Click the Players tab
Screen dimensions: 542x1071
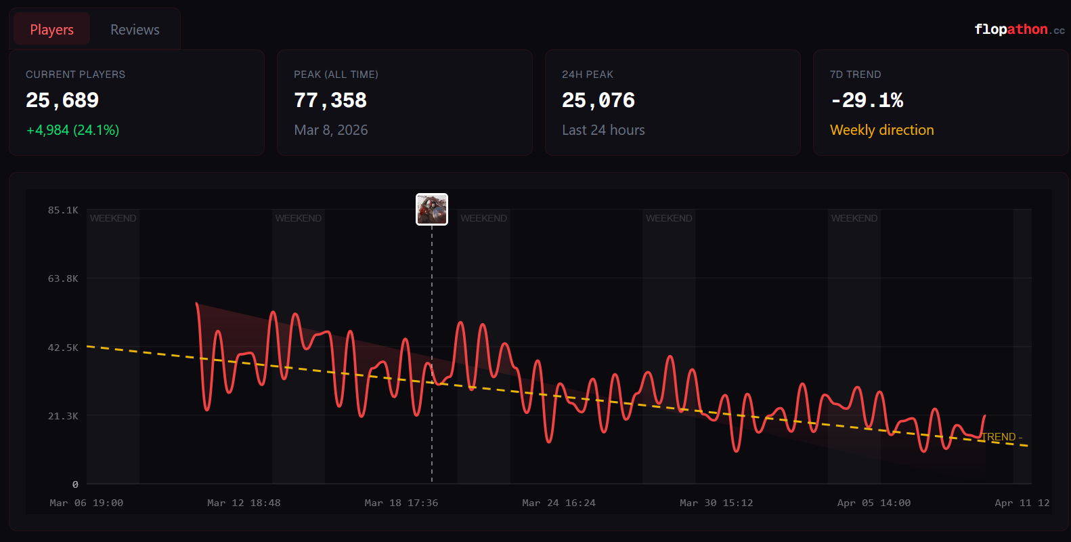(x=51, y=30)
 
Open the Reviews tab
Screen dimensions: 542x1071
(x=135, y=30)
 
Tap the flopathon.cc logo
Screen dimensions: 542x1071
(x=1019, y=29)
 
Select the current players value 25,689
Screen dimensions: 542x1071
(x=62, y=100)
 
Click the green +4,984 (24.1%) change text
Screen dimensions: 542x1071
(x=72, y=130)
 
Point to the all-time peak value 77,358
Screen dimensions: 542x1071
(x=330, y=100)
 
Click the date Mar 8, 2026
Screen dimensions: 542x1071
(x=331, y=130)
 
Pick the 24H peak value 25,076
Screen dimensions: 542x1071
(x=598, y=100)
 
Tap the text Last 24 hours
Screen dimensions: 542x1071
(x=603, y=130)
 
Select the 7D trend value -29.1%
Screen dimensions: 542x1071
(x=867, y=100)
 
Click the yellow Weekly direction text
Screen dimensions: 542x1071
(x=881, y=130)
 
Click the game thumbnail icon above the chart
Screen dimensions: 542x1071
(x=432, y=209)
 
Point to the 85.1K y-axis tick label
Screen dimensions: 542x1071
(x=63, y=210)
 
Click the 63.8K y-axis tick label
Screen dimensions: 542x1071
(x=63, y=278)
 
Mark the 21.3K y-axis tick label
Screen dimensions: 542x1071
(x=63, y=416)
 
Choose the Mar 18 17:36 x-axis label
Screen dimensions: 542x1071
(x=401, y=503)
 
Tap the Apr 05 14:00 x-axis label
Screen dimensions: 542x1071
(x=873, y=503)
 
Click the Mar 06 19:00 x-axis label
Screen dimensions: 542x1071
(x=86, y=503)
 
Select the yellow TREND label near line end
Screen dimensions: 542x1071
(x=1001, y=437)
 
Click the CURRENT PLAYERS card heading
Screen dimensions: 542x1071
(x=75, y=75)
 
